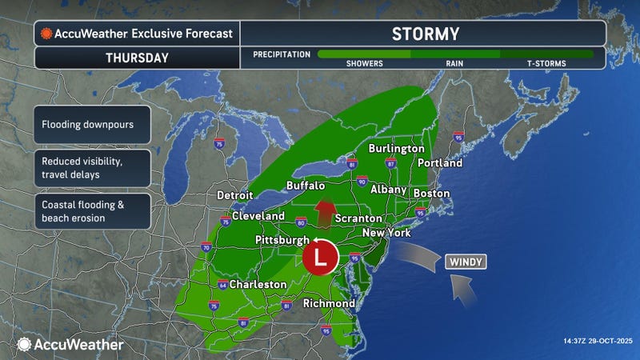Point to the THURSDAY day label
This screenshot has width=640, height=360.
pos(137,58)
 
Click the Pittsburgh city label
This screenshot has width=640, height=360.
pos(282,240)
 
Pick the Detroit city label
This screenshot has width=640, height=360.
pos(234,195)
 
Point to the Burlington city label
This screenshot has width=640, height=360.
pos(396,149)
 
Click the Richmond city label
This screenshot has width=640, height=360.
pos(329,304)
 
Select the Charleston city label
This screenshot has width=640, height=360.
pos(258,284)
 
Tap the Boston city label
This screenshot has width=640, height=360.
pos(431,194)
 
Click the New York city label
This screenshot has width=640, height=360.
pos(386,233)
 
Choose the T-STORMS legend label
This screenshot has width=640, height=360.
pos(546,62)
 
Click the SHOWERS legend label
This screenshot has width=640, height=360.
pos(364,62)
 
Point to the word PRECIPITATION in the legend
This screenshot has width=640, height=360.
pos(282,54)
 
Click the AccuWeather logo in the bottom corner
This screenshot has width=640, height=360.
pos(70,344)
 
